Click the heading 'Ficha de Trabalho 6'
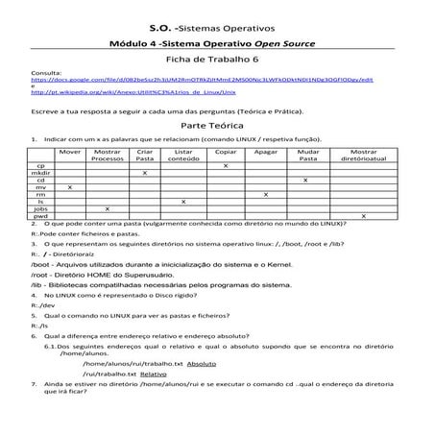click(217, 59)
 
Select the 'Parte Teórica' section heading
click(217, 125)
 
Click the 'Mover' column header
click(69, 153)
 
